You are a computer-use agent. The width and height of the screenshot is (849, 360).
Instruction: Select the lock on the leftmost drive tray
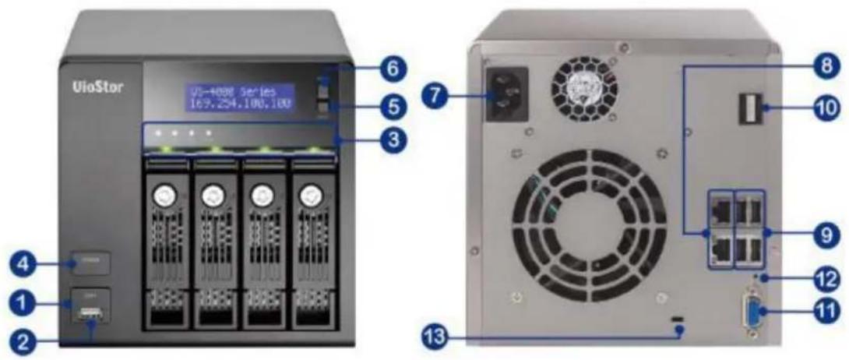(x=165, y=195)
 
